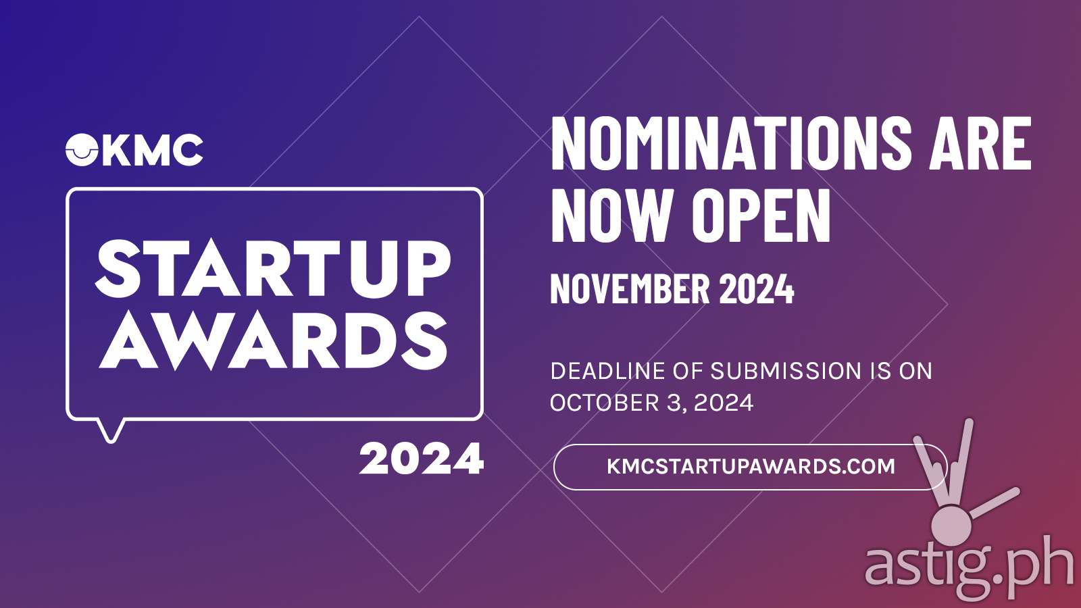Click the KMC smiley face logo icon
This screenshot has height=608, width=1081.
click(82, 150)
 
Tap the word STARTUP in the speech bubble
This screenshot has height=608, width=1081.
click(273, 268)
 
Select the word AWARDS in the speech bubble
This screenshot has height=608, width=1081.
click(273, 341)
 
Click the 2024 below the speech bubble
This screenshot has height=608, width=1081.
click(422, 459)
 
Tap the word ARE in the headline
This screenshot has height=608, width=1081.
click(981, 144)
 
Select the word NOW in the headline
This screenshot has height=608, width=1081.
click(613, 216)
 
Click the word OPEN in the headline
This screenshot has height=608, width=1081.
click(761, 216)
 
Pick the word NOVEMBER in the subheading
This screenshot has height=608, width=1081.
click(630, 288)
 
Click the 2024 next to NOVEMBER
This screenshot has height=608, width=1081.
click(757, 288)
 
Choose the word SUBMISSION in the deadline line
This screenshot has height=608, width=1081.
click(786, 371)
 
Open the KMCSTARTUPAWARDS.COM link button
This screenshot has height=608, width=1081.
click(751, 467)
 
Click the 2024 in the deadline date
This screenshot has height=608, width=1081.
click(724, 403)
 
